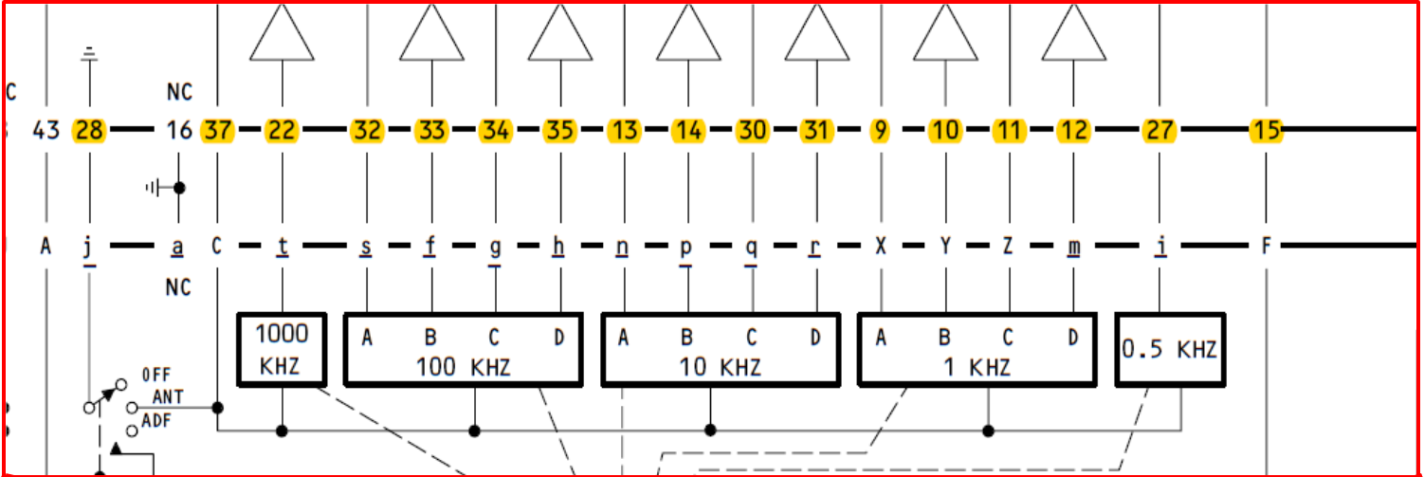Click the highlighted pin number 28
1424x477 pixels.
89,130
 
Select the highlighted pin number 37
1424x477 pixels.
217,130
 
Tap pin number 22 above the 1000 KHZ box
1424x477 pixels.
282,130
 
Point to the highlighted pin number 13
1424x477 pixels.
623,130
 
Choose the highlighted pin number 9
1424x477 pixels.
882,130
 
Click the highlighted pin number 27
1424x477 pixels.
1159,130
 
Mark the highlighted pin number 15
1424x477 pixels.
1266,130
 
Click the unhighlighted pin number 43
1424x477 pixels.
46,130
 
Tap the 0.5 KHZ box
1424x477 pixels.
1169,350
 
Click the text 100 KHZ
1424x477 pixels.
464,368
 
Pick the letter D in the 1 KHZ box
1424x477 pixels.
1073,337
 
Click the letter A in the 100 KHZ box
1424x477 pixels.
367,337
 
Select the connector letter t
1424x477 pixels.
283,247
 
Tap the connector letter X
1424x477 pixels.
881,247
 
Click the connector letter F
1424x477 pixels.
1266,247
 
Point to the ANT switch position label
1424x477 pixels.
168,397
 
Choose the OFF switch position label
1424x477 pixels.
156,375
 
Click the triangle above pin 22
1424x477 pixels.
282,34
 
